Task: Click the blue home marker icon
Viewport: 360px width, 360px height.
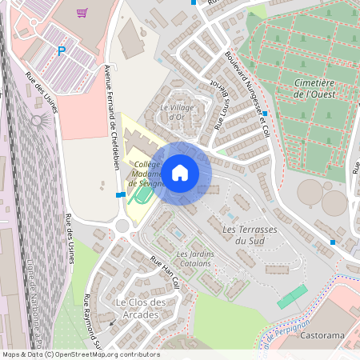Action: [x=180, y=172]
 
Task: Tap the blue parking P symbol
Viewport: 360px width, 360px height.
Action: [x=62, y=51]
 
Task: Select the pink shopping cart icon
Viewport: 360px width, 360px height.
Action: [x=82, y=13]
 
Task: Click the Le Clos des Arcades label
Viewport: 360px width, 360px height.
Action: [x=142, y=307]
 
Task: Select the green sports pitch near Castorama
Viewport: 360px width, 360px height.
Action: [x=292, y=296]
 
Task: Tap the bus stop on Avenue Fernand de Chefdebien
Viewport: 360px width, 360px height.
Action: [x=119, y=194]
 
